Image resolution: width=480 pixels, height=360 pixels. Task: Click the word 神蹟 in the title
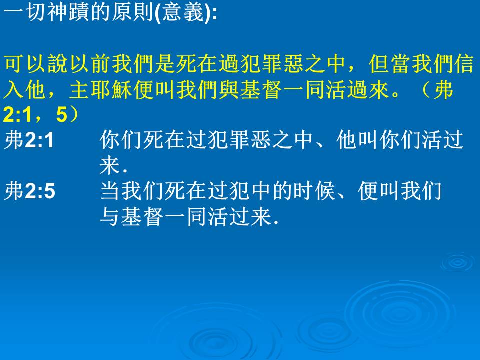68,13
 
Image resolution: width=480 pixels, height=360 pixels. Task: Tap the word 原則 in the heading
132,13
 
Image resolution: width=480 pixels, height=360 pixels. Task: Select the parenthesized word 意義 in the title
183,13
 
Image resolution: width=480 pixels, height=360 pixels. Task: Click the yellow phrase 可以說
36,64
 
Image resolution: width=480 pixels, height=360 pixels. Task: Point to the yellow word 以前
89,64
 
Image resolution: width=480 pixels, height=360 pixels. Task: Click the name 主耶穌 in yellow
101,90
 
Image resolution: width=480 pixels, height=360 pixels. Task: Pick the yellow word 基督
261,90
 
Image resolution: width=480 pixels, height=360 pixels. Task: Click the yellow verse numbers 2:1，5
36,115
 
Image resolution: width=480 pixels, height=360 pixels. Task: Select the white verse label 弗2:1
29,140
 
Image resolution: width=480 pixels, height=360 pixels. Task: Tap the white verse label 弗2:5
30,191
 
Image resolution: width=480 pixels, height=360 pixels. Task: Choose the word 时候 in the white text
315,191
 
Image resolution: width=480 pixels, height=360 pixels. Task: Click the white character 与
109,217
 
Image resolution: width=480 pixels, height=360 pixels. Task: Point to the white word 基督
142,217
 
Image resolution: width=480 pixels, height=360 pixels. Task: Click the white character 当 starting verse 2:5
109,191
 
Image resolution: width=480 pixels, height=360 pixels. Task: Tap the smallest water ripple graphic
458,262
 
